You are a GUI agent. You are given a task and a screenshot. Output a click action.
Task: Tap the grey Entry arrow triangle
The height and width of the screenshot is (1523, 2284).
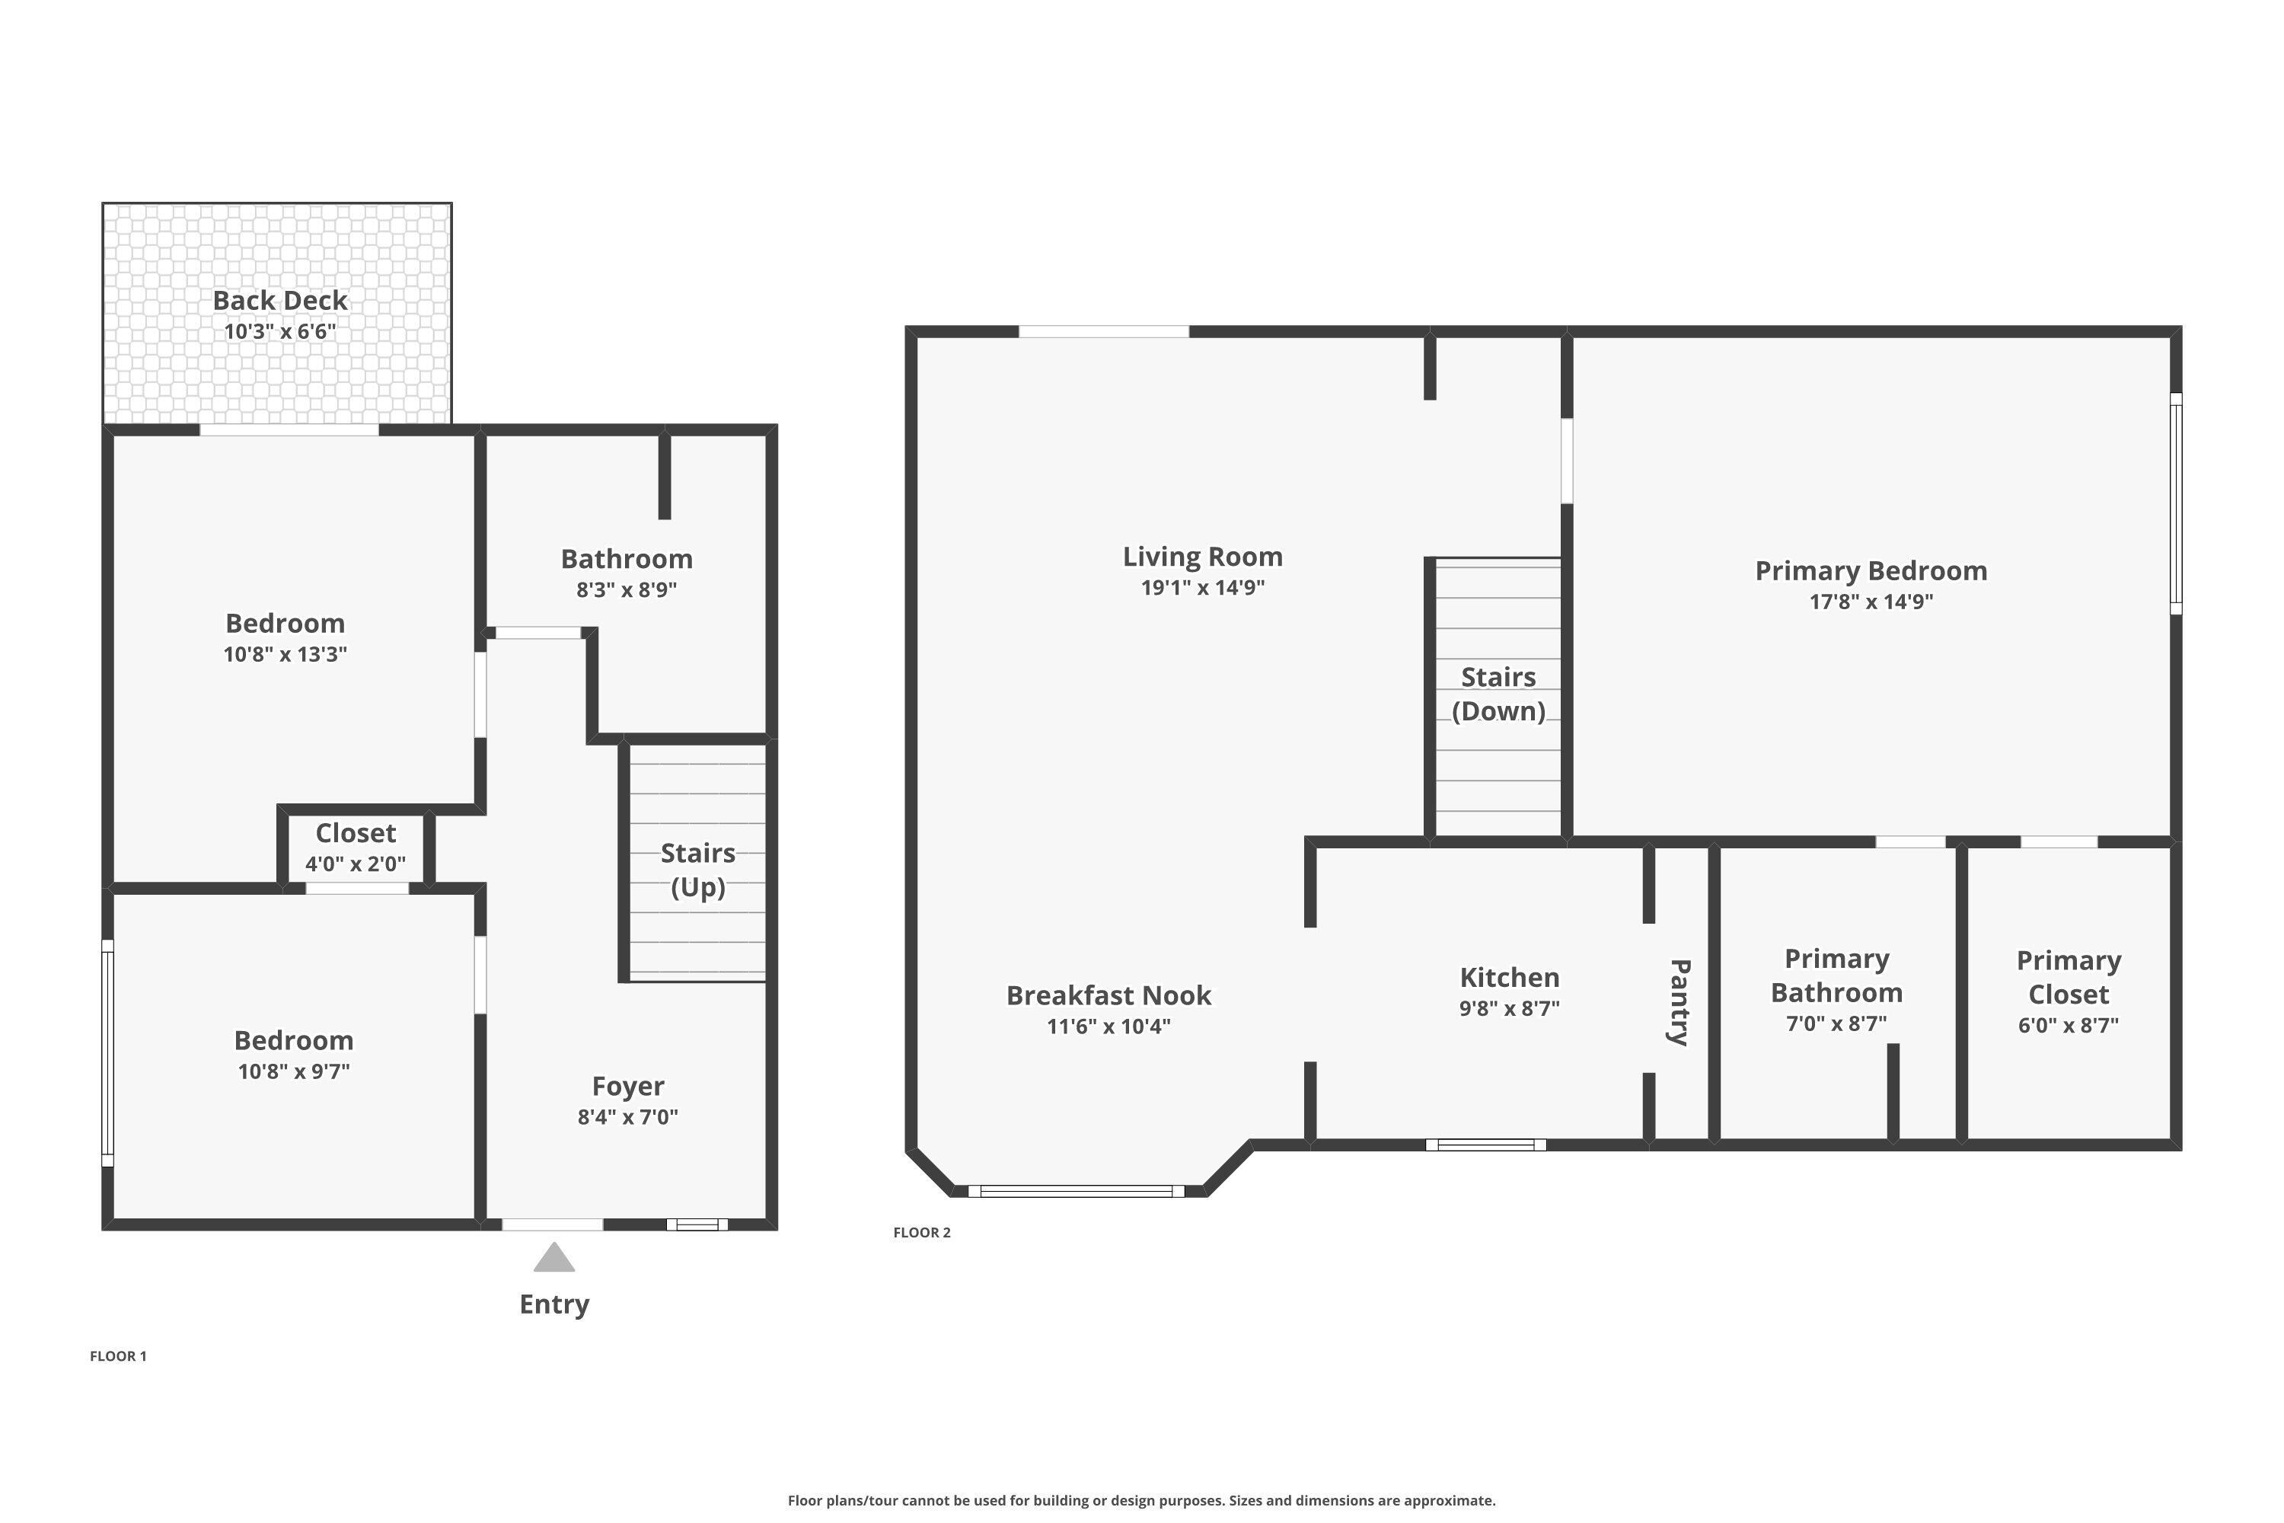point(554,1258)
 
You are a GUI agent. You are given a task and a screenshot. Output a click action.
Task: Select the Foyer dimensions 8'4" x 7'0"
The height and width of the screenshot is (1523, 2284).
point(627,1117)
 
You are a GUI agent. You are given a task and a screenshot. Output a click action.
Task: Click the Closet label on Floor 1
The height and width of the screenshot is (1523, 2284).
point(356,833)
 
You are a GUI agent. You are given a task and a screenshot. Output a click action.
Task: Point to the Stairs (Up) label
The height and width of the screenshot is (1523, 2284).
point(697,870)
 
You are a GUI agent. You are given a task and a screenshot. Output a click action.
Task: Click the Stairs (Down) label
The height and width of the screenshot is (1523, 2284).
point(1498,694)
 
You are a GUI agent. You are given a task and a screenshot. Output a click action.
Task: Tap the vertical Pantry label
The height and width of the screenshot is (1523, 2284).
point(1679,1001)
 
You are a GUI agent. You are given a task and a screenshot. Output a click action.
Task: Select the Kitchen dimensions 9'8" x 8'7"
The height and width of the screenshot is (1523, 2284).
point(1509,1008)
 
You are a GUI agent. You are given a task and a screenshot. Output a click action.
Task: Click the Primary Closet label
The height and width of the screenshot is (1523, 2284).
point(2069,977)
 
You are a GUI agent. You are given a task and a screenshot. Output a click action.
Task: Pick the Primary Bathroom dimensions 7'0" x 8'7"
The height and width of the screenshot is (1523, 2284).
point(1836,1023)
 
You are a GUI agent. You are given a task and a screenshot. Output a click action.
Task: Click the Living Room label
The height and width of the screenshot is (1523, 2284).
point(1202,557)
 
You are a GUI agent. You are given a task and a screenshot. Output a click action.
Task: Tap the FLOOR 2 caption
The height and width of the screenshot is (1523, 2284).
point(921,1233)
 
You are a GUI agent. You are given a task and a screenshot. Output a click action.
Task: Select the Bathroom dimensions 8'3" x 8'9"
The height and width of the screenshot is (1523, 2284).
point(627,589)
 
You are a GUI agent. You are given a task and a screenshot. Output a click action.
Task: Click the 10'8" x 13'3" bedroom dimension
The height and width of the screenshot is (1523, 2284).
point(285,653)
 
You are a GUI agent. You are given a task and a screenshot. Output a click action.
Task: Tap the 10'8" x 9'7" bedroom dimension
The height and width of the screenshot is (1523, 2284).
point(293,1071)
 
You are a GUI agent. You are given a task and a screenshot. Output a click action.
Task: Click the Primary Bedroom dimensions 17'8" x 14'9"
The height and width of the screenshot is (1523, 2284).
point(1871,602)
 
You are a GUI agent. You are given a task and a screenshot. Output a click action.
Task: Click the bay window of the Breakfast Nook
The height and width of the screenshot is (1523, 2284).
point(1076,1191)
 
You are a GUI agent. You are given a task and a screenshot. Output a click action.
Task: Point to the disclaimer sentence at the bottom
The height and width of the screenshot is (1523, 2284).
point(1141,1501)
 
